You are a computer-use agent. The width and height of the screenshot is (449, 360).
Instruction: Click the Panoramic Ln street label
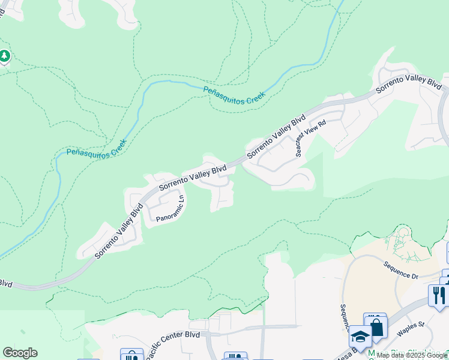click(169, 208)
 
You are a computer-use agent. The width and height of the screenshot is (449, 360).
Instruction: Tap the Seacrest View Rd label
click(310, 138)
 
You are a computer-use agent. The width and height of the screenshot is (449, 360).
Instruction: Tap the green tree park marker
click(5, 56)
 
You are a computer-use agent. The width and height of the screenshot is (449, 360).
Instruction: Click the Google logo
click(20, 353)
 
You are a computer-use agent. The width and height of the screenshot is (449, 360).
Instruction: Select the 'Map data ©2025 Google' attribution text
click(411, 355)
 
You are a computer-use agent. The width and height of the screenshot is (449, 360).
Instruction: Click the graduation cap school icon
click(360, 337)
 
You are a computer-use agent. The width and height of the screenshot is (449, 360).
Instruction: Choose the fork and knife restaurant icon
click(439, 295)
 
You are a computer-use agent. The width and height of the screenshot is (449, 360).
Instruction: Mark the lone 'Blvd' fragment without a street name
click(5, 283)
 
